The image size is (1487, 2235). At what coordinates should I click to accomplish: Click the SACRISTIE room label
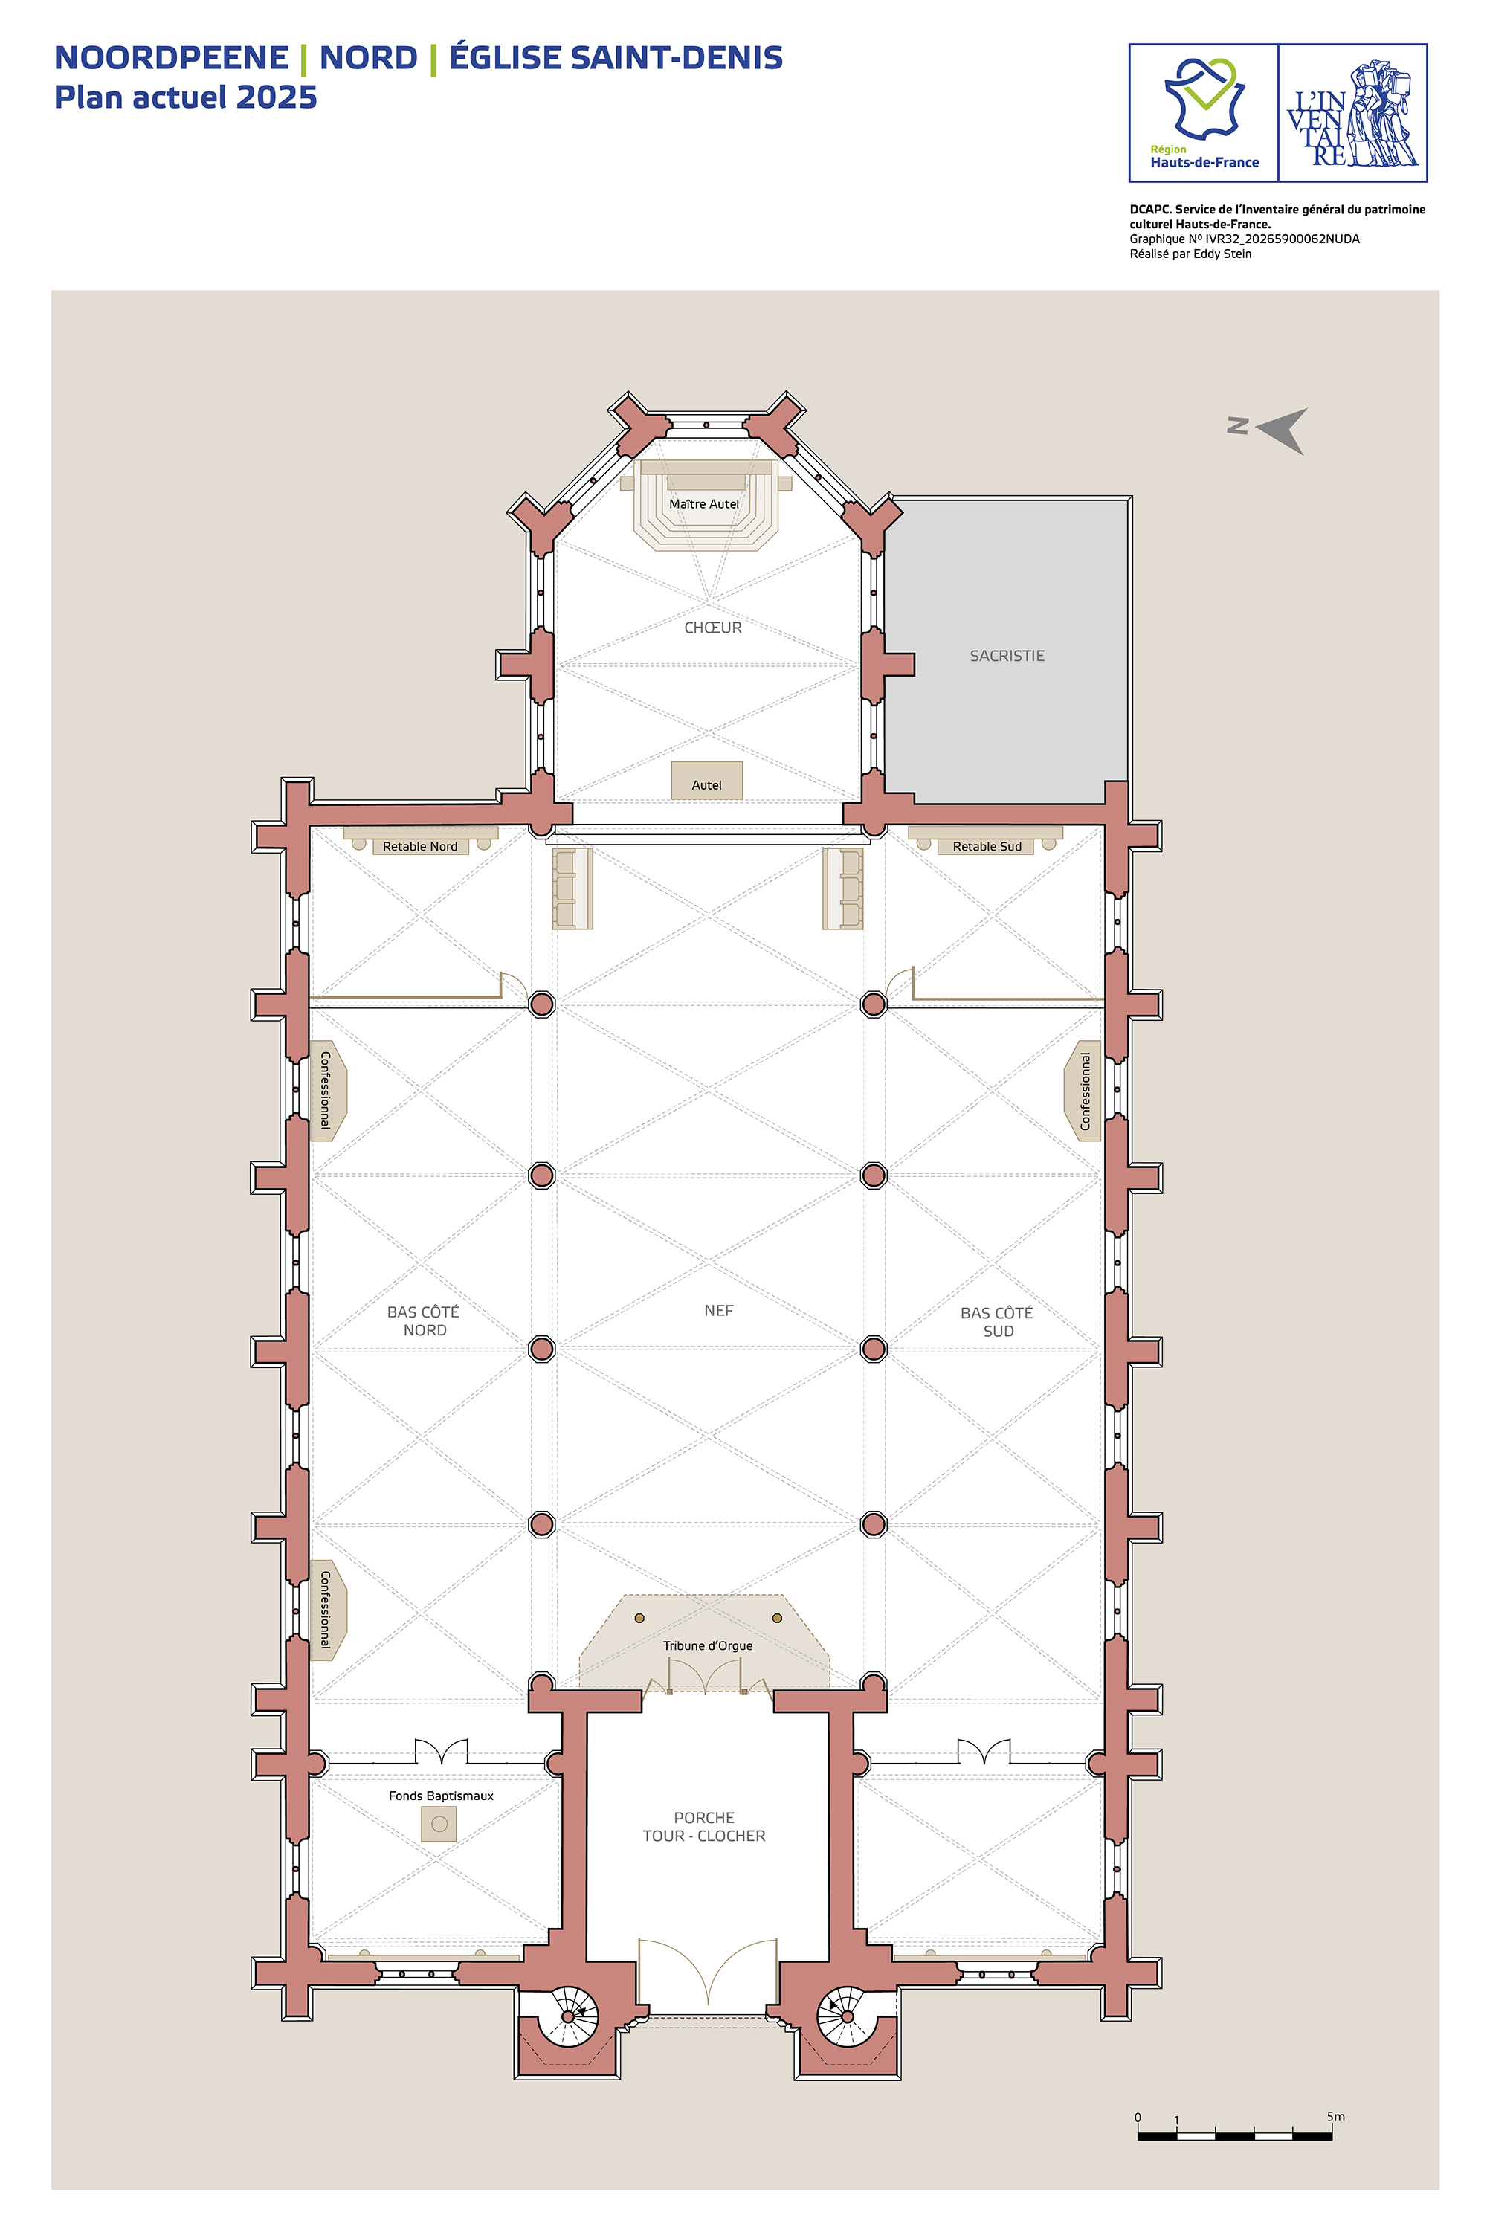(x=1007, y=655)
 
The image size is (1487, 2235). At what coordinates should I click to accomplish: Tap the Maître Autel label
(x=703, y=503)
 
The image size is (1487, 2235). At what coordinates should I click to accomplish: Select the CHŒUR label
(x=713, y=628)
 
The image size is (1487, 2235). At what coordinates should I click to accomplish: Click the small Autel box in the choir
(x=706, y=781)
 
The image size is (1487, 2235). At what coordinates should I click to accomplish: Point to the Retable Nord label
(x=420, y=847)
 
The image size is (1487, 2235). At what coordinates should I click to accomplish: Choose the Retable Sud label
(x=987, y=847)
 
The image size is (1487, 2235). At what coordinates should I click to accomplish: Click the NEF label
(x=719, y=1311)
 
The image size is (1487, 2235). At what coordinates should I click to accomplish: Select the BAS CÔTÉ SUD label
(x=997, y=1322)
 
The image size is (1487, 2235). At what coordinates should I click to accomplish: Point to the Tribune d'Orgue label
(x=708, y=1645)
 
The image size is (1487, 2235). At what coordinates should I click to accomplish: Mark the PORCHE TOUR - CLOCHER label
(x=703, y=1826)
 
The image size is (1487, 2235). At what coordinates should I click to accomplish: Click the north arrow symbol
(x=1282, y=431)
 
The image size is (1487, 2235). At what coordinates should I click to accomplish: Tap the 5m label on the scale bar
(x=1335, y=2117)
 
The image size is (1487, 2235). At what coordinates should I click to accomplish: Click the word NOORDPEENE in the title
(x=172, y=58)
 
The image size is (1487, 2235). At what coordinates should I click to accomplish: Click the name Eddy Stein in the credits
(x=1222, y=254)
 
